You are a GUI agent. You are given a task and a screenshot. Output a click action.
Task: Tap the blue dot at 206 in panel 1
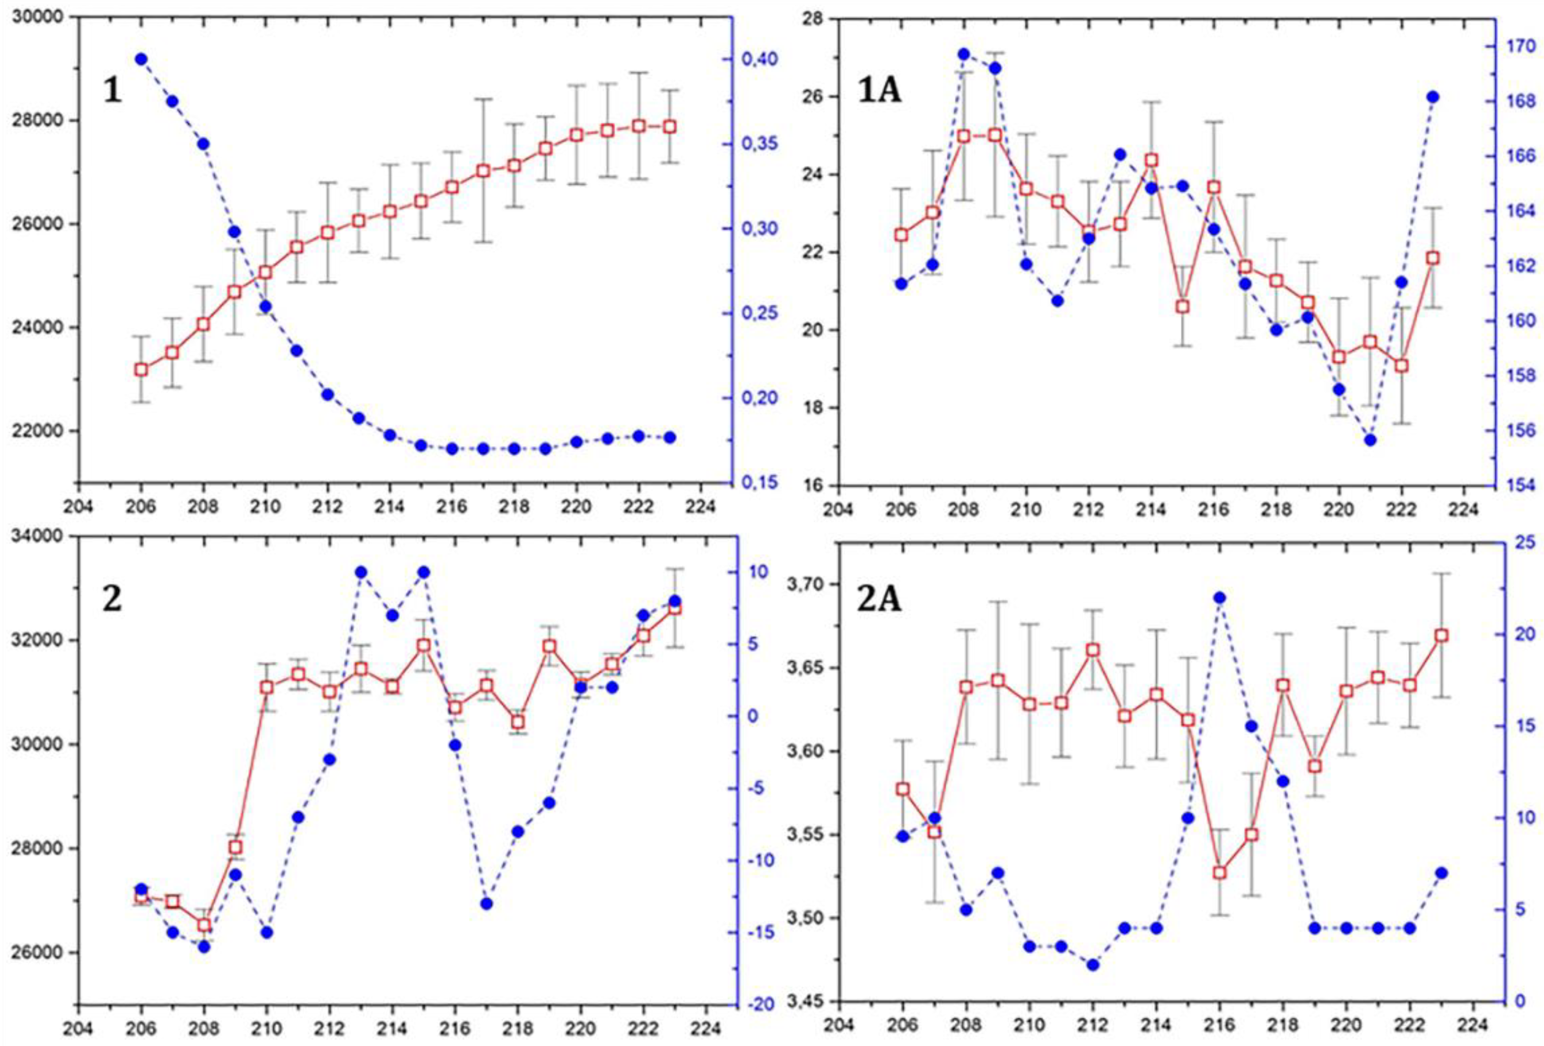(141, 59)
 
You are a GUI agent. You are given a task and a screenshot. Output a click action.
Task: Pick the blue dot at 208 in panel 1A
(964, 54)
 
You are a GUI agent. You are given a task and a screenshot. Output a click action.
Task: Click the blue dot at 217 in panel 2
(485, 904)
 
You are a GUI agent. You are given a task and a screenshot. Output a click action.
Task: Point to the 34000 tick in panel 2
(41, 536)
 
